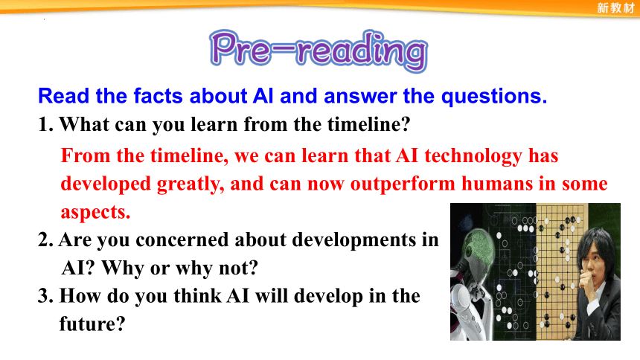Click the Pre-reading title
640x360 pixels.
tap(319, 51)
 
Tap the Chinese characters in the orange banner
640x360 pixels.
tap(615, 7)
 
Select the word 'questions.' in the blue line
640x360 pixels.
tap(494, 97)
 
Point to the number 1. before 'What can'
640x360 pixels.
tap(45, 124)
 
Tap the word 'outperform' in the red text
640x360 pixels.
tap(403, 184)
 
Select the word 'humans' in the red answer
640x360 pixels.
tap(496, 184)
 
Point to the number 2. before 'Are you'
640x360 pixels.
tap(45, 240)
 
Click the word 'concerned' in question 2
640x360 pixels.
tap(182, 240)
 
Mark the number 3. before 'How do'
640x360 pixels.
tap(45, 296)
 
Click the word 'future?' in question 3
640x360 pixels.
tap(92, 324)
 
